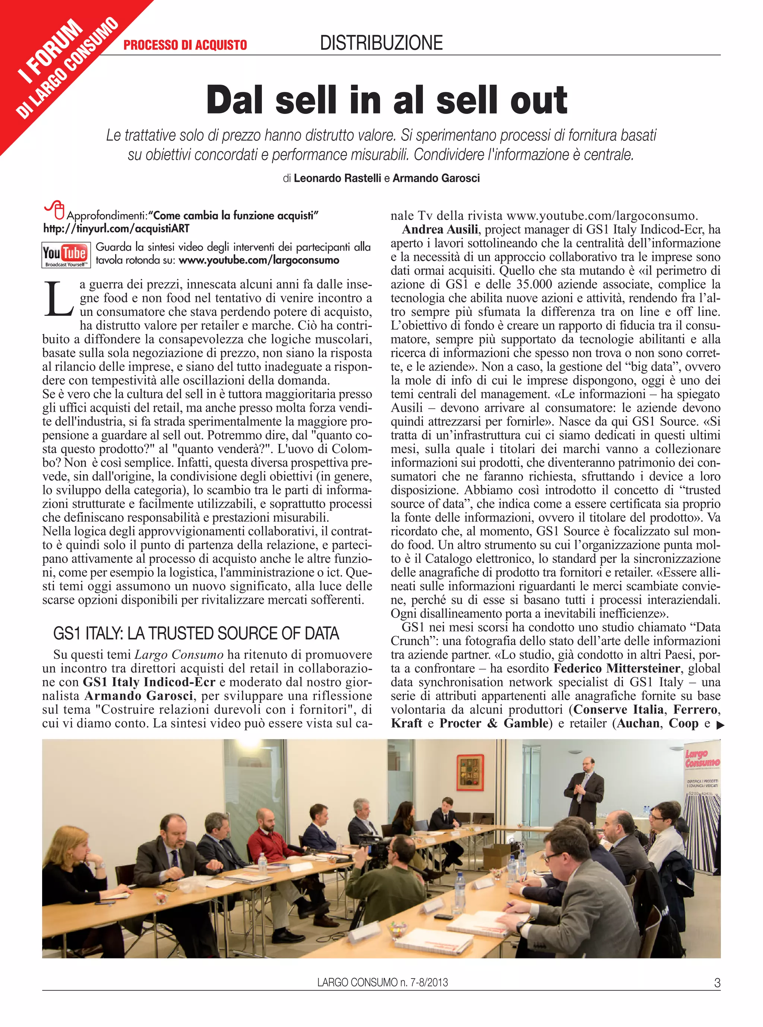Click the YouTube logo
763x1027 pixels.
pyautogui.click(x=66, y=255)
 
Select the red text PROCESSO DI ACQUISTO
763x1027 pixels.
pyautogui.click(x=185, y=45)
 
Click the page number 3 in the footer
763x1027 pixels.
pyautogui.click(x=717, y=996)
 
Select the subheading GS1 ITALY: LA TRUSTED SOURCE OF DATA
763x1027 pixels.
pyautogui.click(x=196, y=633)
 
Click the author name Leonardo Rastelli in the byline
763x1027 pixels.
pyautogui.click(x=337, y=178)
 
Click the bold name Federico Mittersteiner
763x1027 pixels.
pyautogui.click(x=617, y=668)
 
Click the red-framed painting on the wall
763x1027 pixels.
pyautogui.click(x=470, y=773)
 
